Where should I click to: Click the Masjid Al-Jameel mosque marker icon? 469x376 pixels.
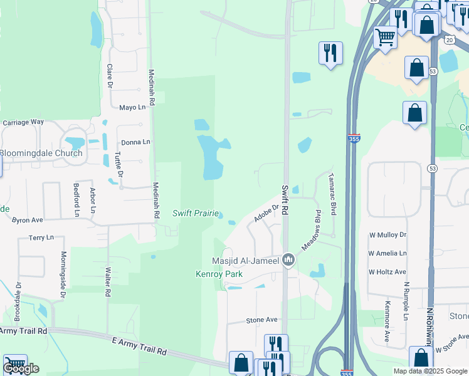coord(288,259)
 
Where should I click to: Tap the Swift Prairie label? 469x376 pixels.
coord(196,214)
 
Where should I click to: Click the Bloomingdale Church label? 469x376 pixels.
coord(41,153)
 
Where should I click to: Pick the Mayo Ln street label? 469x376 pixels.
coord(132,107)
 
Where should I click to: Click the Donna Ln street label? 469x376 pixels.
coord(135,142)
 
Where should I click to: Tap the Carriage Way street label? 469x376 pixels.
coord(23,122)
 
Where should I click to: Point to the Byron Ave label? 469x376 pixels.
coord(28,220)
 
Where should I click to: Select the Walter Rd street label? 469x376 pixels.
coord(108,282)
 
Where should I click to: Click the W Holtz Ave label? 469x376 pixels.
coord(387,272)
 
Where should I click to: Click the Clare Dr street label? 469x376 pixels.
coord(109,75)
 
